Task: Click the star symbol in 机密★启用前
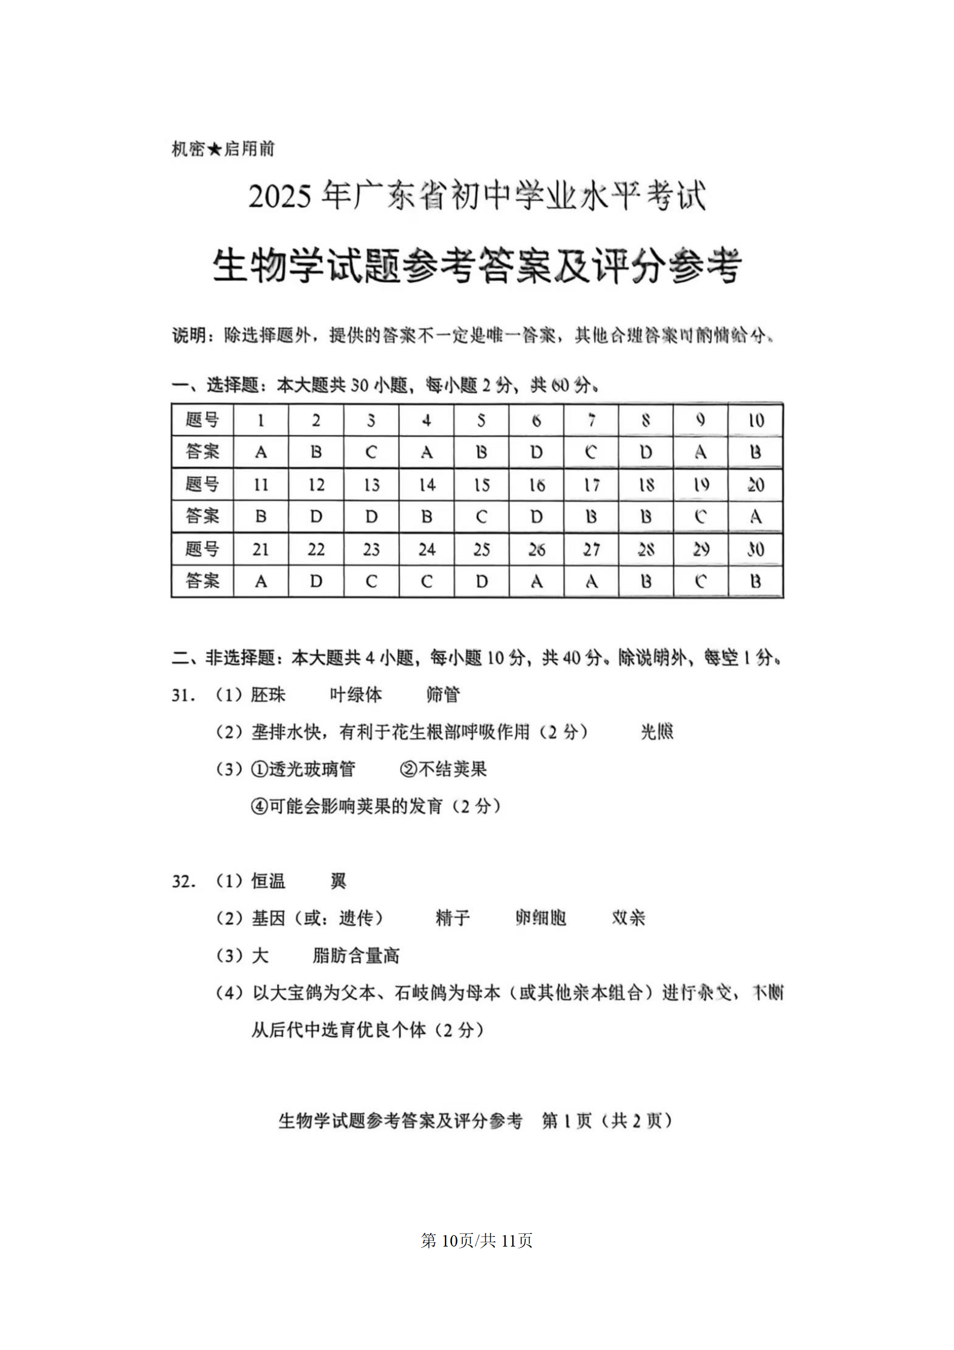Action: (x=215, y=149)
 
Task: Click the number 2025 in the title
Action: (x=280, y=197)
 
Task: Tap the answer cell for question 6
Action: (x=536, y=452)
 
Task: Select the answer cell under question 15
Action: (x=481, y=517)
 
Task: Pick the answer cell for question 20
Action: (x=756, y=517)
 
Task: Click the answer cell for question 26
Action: (x=536, y=581)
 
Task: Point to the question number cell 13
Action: (x=371, y=485)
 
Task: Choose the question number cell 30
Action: (x=756, y=549)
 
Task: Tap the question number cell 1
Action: (x=260, y=420)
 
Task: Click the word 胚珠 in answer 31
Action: (x=268, y=695)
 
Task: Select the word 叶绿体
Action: (x=356, y=695)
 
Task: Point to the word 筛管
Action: (x=443, y=695)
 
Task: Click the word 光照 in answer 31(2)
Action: (x=657, y=732)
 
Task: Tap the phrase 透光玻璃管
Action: (x=311, y=769)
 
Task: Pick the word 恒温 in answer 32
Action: (x=268, y=882)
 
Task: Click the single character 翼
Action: (x=338, y=882)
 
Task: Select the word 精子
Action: (x=453, y=918)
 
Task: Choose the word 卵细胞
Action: (x=540, y=918)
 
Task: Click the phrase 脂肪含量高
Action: (x=356, y=956)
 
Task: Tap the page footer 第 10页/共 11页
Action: (x=477, y=1241)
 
